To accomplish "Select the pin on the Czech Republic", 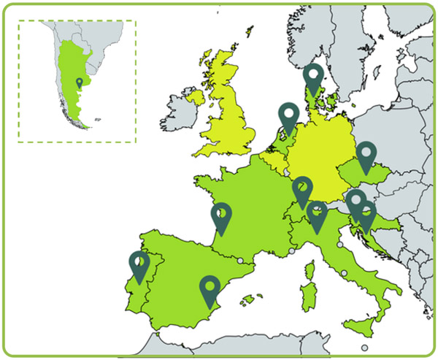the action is pos(366,156).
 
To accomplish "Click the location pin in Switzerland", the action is pos(302,191).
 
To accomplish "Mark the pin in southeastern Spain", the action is pos(210,289).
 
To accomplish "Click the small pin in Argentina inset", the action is pos(79,82).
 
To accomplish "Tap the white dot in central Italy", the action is pos(344,273).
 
